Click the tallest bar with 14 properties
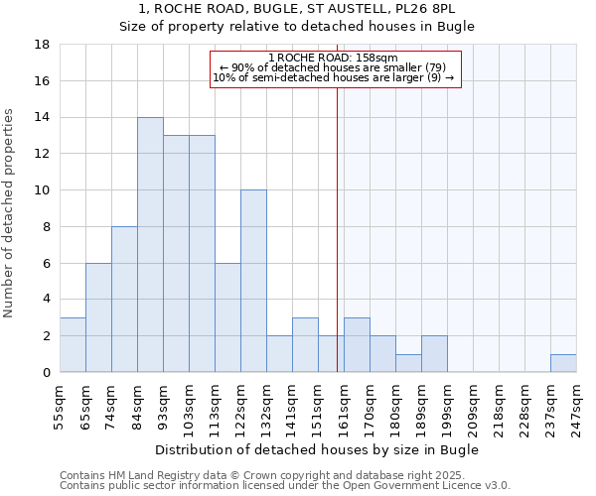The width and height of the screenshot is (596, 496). pyautogui.click(x=150, y=244)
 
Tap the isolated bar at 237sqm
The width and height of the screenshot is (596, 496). pyautogui.click(x=563, y=363)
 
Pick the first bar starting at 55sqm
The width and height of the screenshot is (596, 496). pyautogui.click(x=73, y=345)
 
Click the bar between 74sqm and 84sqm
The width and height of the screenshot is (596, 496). pyautogui.click(x=124, y=299)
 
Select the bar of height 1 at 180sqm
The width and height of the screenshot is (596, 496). pyautogui.click(x=408, y=363)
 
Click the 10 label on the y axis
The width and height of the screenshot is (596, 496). pyautogui.click(x=43, y=190)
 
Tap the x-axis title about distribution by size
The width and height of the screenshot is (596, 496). pyautogui.click(x=317, y=449)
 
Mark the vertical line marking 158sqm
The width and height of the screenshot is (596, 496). pyautogui.click(x=337, y=228)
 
